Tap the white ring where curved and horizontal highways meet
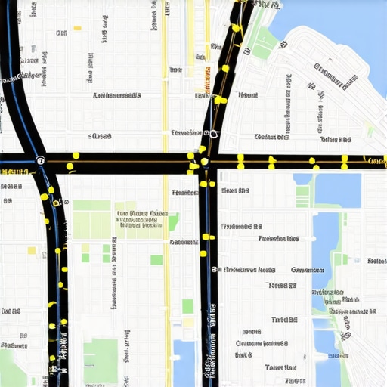pyautogui.click(x=40, y=160)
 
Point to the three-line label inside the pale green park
pyautogui.click(x=142, y=219)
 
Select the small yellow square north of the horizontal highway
pyautogui.click(x=77, y=29)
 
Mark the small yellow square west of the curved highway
pyautogui.click(x=32, y=250)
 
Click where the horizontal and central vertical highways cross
pyautogui.click(x=205, y=161)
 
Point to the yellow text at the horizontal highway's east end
pyautogui.click(x=375, y=160)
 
